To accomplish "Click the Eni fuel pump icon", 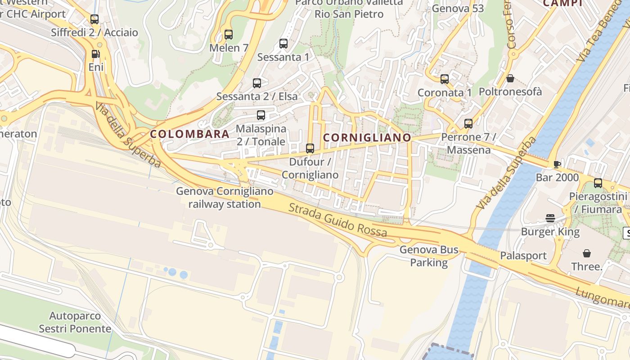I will (x=95, y=54).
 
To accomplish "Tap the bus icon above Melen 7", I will (x=229, y=34).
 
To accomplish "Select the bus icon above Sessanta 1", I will (x=283, y=44).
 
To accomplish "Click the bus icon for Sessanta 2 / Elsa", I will (x=257, y=83).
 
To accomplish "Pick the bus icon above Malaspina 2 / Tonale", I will (x=261, y=115).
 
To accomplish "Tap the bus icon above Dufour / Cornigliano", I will (x=310, y=148).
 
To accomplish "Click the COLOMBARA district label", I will (x=189, y=134).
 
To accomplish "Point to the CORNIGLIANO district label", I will (x=367, y=138).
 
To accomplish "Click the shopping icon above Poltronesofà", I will (x=510, y=79).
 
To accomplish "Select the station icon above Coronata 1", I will (x=445, y=79).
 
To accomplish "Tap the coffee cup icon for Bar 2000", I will (x=557, y=164).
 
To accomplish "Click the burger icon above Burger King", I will (x=550, y=219).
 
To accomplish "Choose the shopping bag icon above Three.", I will (x=587, y=253).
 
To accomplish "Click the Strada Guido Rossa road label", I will (x=337, y=220).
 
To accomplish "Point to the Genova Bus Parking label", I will (x=429, y=256).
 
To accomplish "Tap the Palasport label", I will (x=523, y=256).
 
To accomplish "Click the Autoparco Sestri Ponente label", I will (x=75, y=322).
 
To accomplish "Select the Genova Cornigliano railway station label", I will (x=225, y=198).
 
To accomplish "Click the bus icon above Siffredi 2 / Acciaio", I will (x=94, y=19).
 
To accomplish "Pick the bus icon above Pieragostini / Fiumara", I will (x=598, y=183).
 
